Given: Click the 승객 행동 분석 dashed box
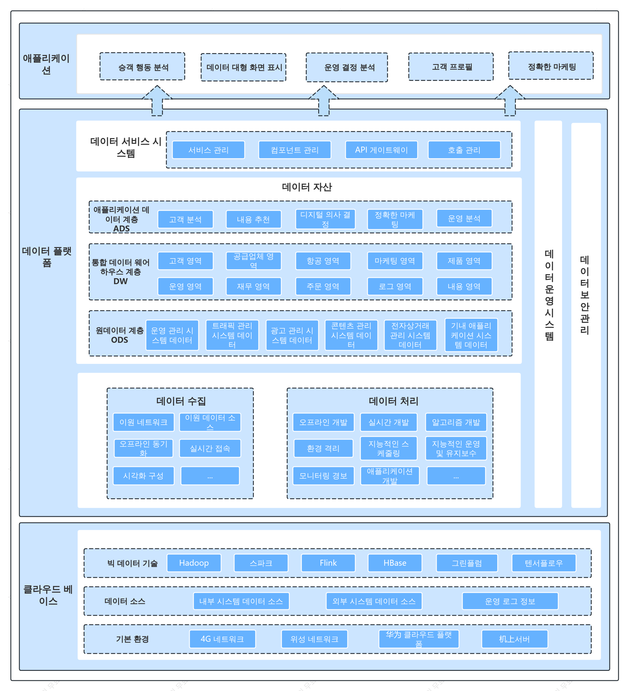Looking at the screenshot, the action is pos(142,67).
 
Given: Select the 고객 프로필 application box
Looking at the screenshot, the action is pos(451,67).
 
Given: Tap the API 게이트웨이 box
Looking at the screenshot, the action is pos(381,150).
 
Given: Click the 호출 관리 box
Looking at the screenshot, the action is pos(464,150).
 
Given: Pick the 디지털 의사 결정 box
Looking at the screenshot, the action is pos(325,219).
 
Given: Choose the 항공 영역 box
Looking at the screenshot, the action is pos(323,261).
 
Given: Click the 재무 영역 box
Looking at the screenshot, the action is pos(254,286).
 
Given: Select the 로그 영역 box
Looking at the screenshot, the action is pos(395,286).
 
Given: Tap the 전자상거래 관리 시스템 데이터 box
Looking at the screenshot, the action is pos(410,335).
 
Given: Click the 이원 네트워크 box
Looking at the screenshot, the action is pos(143,422).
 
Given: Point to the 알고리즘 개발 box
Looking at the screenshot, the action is pos(456,422).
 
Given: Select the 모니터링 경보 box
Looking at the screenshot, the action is pos(323,475).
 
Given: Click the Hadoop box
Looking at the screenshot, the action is pos(194,563).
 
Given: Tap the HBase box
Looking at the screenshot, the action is pos(395,563).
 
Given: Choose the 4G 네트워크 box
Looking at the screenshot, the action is pos(222,639).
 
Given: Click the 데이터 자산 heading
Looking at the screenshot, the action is pos(307,187).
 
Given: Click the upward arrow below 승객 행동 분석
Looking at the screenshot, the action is pos(157,101).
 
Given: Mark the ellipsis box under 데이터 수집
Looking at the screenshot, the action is pos(210,475).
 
